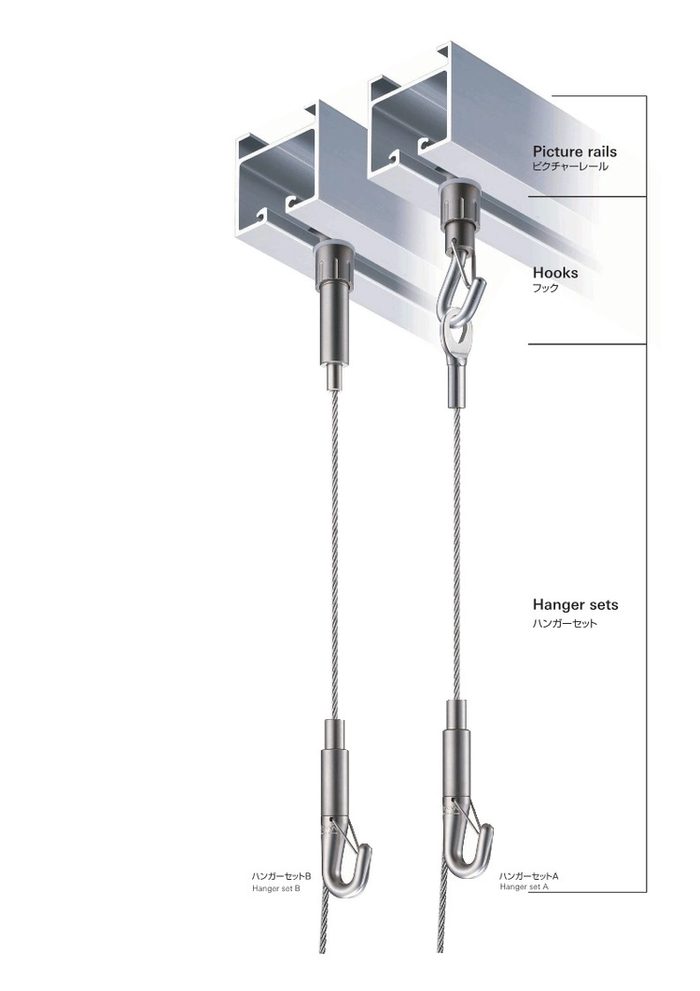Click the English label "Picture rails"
(574, 151)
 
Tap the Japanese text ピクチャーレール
(570, 167)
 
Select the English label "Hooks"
(555, 273)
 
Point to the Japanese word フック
(546, 289)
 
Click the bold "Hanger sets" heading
(576, 605)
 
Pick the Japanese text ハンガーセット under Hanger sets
(565, 624)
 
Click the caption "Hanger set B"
(276, 888)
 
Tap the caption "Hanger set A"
(524, 886)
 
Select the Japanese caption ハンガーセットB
(281, 877)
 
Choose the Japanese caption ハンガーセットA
(529, 876)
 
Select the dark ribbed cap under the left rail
(333, 262)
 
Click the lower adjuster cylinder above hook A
(456, 752)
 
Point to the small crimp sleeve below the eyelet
(456, 387)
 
